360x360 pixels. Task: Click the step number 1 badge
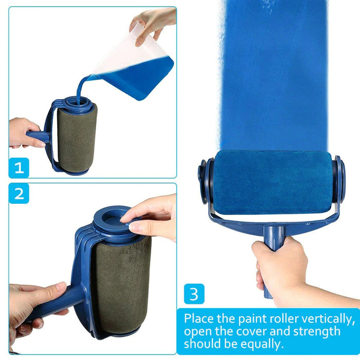point(19,168)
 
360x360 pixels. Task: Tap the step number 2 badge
point(19,193)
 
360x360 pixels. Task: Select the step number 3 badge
point(194,294)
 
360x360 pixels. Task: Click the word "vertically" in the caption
point(328,319)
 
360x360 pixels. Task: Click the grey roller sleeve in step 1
point(77,140)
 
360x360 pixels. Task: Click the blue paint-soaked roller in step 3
point(273,183)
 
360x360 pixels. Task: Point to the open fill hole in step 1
point(76,103)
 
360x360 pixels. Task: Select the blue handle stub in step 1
point(39,136)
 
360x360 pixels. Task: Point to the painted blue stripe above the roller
point(273,76)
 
